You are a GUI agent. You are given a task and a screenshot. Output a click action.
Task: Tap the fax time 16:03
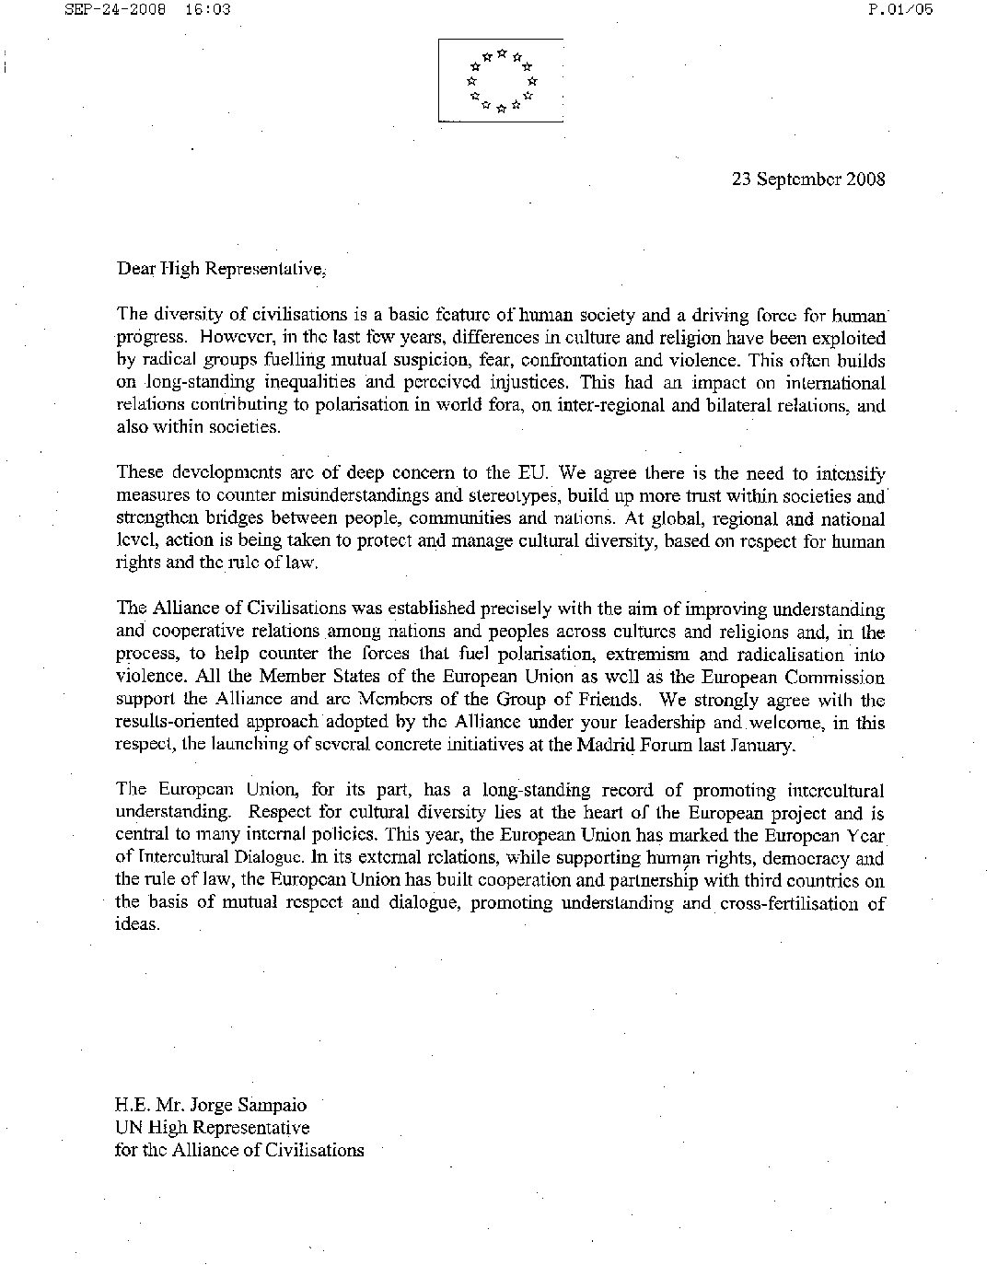206,10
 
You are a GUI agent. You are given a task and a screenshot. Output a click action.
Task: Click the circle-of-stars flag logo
501,80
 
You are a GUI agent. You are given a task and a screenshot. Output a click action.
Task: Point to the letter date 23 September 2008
808,179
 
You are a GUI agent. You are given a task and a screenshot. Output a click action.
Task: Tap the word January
761,745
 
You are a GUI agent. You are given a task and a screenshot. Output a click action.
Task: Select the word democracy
797,858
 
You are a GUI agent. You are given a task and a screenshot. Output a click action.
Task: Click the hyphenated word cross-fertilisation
784,903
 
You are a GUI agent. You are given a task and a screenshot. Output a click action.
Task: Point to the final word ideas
136,925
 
